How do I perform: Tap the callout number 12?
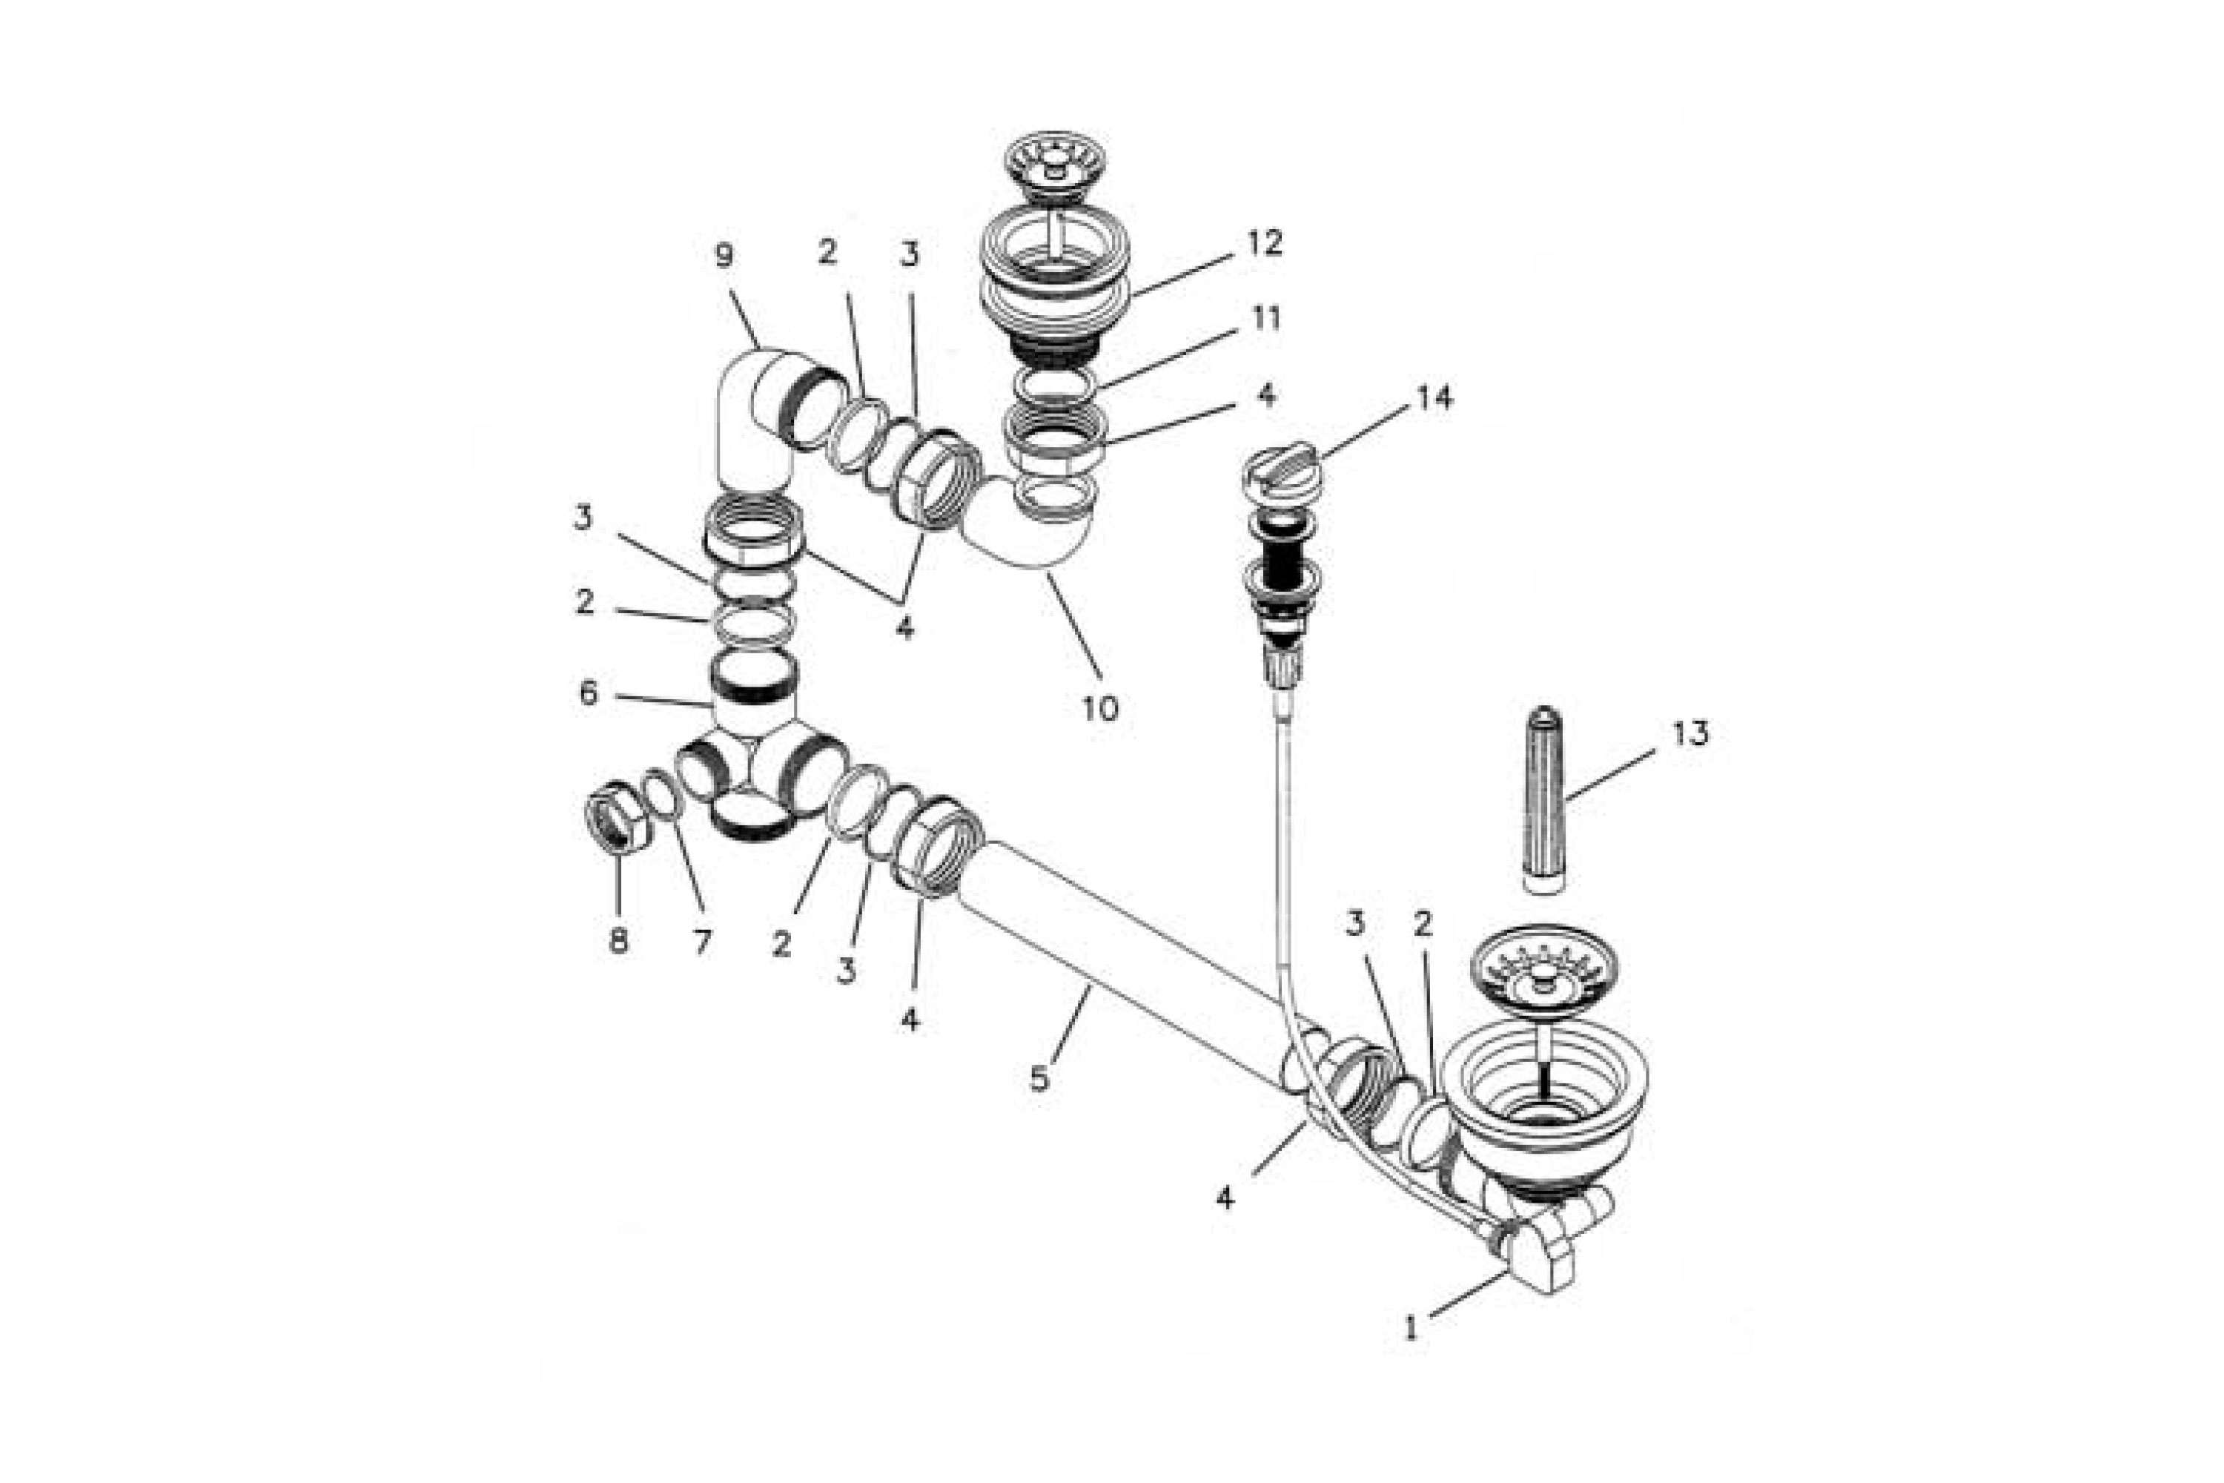(x=1264, y=244)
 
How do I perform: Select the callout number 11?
(x=1265, y=319)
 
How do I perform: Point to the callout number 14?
(x=1434, y=398)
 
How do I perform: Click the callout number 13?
(x=1691, y=734)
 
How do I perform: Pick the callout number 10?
(x=1099, y=707)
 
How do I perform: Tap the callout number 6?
(x=588, y=693)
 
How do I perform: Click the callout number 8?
(x=618, y=940)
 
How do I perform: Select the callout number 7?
(x=701, y=942)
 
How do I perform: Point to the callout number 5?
(x=1039, y=1078)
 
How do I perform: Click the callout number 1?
(x=1411, y=1328)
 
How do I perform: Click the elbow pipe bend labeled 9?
(x=756, y=406)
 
